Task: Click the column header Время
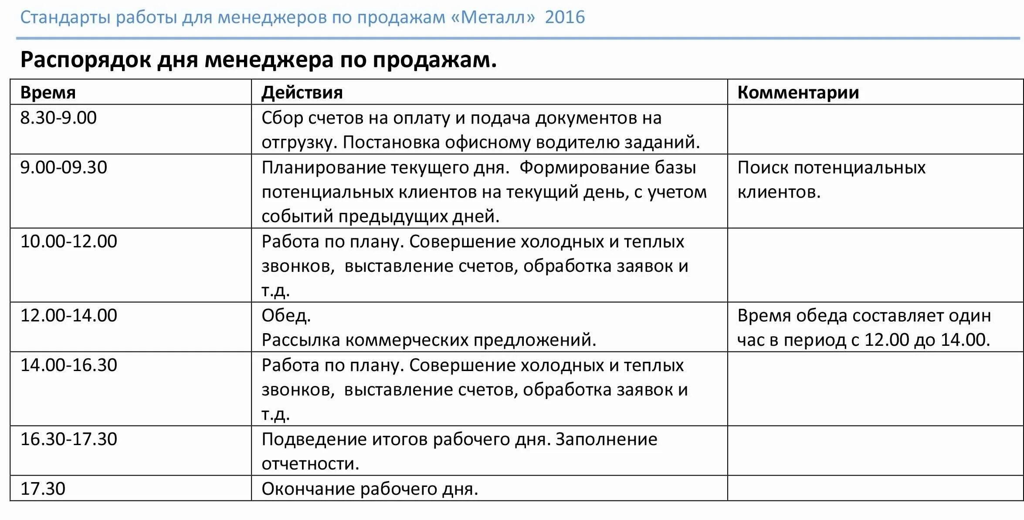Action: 48,93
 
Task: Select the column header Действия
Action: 302,93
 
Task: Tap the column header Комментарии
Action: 798,93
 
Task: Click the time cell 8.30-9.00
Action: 58,118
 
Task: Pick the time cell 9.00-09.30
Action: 64,168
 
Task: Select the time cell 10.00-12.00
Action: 69,242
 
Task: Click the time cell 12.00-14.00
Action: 69,316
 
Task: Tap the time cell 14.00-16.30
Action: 69,365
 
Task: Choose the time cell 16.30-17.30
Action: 69,439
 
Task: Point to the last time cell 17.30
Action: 43,489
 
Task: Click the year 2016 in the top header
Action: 565,17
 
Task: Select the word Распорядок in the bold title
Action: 85,60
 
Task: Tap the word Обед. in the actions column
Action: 286,316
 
